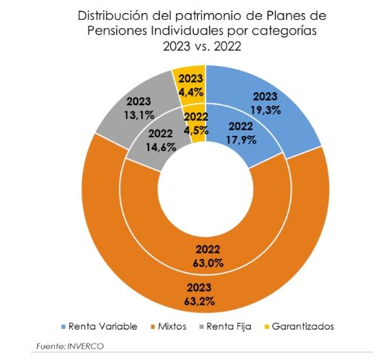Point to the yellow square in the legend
(x=269, y=326)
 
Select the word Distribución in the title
(x=116, y=15)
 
